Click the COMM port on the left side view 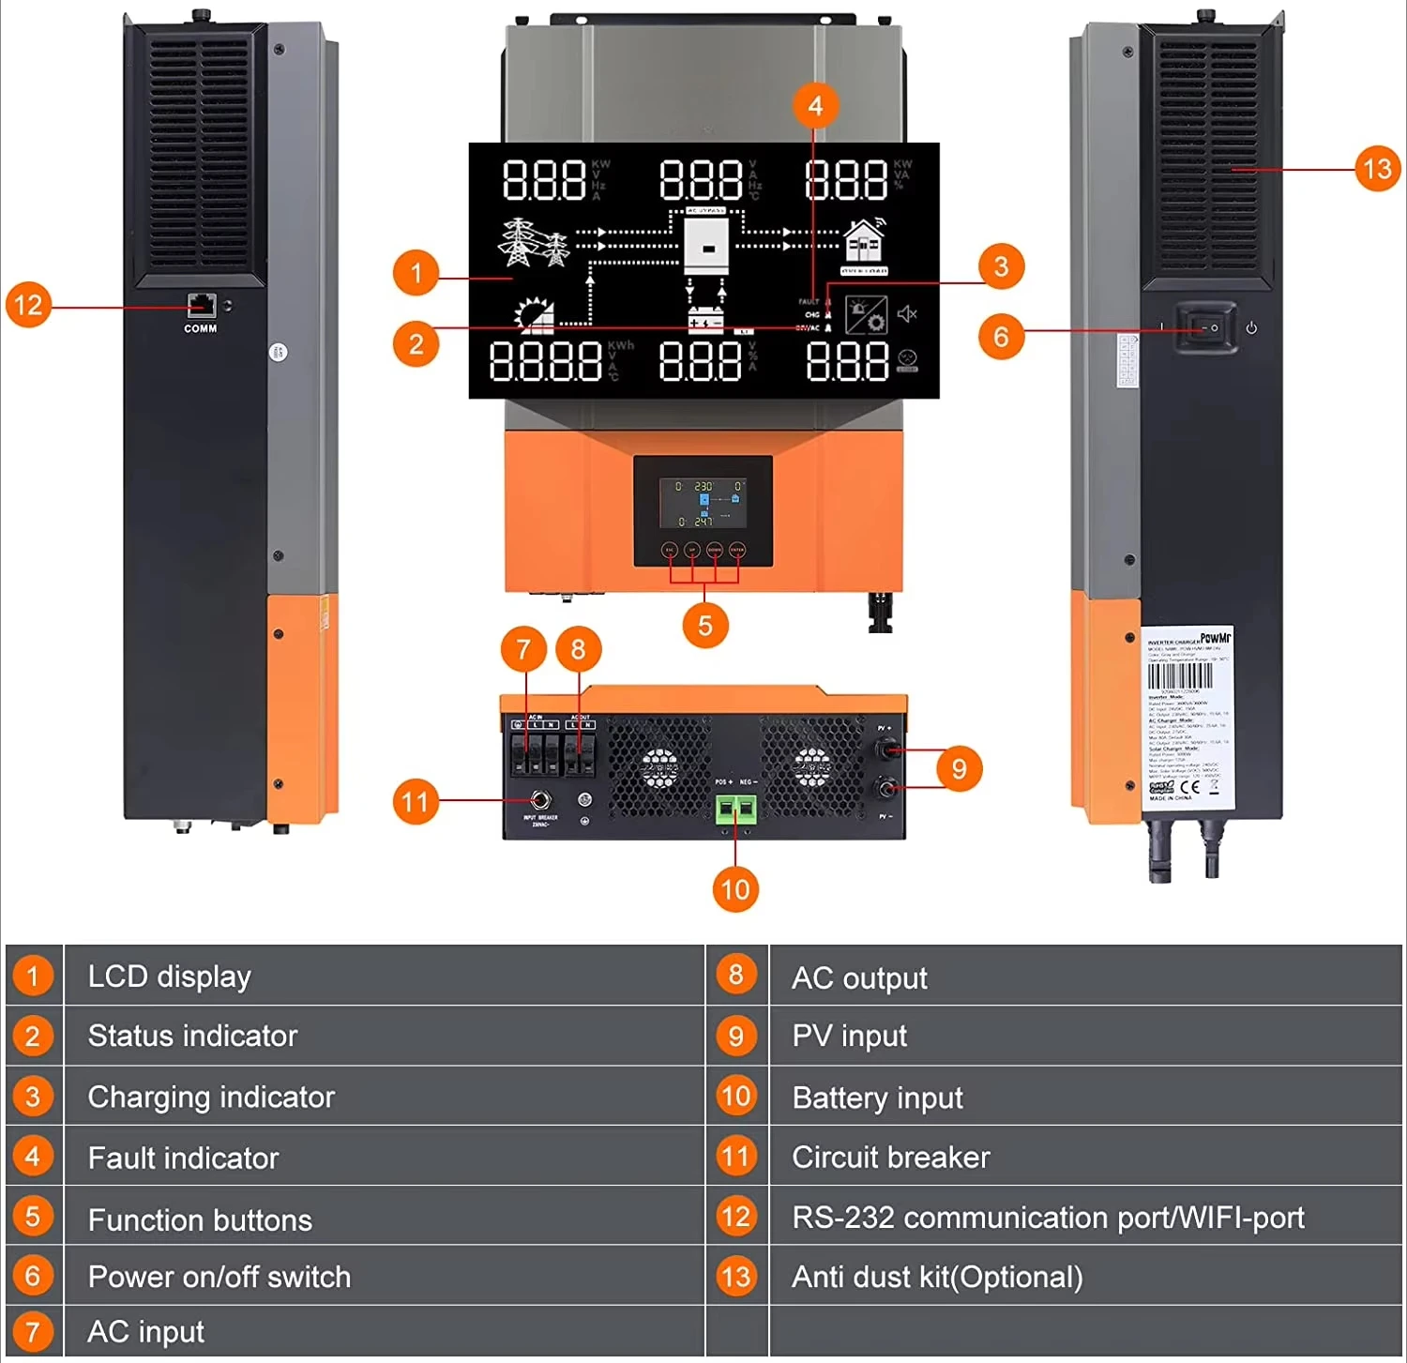(201, 306)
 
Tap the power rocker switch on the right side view (1205, 327)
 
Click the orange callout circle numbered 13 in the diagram (1377, 169)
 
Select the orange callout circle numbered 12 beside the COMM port (28, 305)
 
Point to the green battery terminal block (736, 809)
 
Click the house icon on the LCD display (864, 242)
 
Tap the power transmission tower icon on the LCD (532, 243)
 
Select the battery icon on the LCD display (706, 321)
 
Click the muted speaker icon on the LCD (907, 314)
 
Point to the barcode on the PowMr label (1180, 676)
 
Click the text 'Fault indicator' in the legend (183, 1158)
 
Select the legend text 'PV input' (849, 1036)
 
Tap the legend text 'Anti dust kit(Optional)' (937, 1277)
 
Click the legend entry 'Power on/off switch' (219, 1277)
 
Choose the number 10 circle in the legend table (736, 1096)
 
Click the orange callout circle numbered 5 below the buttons (705, 626)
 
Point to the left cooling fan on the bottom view (659, 767)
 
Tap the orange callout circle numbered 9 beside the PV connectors (959, 769)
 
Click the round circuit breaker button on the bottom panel (540, 800)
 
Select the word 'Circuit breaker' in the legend (890, 1157)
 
